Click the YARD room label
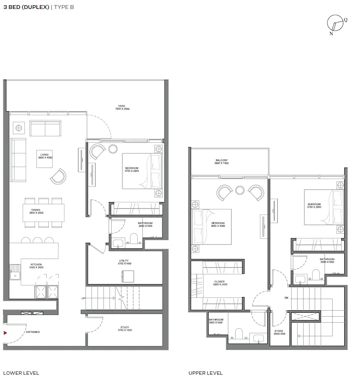pos(121,108)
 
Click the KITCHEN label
pos(35,265)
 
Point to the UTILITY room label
pos(124,262)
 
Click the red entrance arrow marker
pos(5,332)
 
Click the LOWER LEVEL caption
pos(21,373)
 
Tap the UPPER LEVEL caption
pos(206,373)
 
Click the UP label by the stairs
pos(83,298)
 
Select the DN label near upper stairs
pos(286,298)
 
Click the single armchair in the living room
pos(58,176)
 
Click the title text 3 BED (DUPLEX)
pos(26,7)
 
